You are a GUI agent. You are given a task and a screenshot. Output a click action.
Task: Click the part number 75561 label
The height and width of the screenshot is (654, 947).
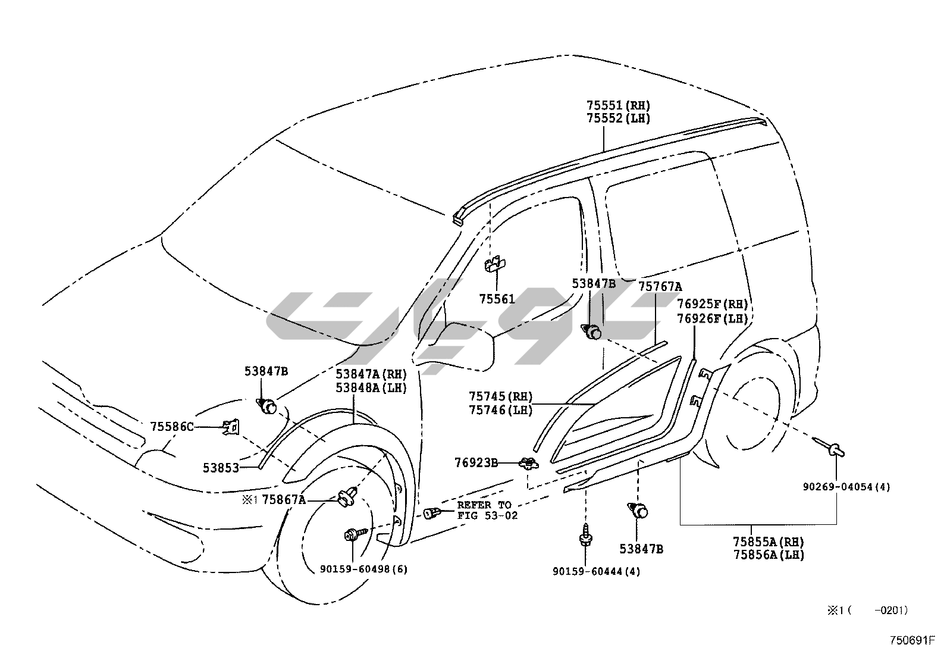(x=497, y=299)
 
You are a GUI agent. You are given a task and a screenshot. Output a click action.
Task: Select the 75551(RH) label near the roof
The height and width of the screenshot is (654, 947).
(x=618, y=105)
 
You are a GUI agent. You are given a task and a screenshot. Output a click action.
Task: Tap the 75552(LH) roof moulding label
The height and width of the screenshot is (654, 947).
(x=618, y=118)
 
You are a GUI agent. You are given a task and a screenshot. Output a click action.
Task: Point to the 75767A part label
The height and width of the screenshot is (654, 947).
(x=660, y=287)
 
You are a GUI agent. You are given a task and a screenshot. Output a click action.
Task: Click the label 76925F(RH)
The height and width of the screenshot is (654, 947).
(x=713, y=305)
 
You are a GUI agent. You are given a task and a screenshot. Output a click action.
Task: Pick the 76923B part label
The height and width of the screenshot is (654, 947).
(x=476, y=462)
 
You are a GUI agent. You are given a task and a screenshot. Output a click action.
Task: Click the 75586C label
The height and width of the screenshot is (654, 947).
(x=172, y=427)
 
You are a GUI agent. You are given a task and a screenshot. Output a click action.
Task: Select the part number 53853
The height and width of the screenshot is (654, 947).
(x=221, y=468)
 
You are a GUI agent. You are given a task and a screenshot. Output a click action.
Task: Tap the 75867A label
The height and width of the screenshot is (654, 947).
(x=284, y=499)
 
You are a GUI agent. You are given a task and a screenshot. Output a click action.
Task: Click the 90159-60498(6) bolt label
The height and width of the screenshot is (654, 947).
(x=363, y=569)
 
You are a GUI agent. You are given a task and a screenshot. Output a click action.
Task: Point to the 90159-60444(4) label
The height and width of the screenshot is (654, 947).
(x=597, y=571)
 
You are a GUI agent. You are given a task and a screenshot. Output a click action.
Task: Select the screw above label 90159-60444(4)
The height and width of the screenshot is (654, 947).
(x=585, y=535)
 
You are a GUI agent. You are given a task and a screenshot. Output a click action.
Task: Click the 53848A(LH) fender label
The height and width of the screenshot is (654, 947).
(x=371, y=388)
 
